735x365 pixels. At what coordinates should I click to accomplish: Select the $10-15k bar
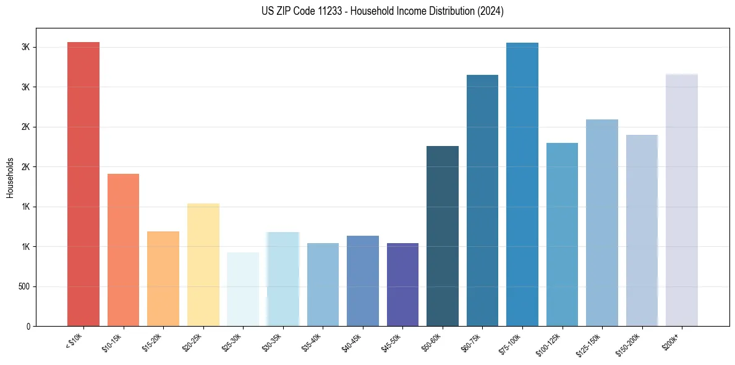123,250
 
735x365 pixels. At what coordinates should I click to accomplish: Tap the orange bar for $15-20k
163,278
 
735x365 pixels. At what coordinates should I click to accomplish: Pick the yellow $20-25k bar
203,265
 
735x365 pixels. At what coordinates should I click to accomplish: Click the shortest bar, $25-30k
243,289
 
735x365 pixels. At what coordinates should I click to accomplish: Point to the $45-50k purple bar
402,285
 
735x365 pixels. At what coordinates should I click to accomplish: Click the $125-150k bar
602,223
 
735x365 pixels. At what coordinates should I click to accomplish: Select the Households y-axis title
11,178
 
